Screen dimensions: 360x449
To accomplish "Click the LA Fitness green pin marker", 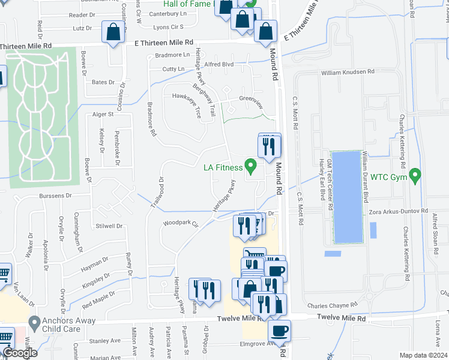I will (x=252, y=164).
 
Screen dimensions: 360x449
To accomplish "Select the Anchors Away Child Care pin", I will (x=34, y=323).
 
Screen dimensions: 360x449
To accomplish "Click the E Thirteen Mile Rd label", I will (x=163, y=43).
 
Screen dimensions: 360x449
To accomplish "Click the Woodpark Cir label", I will (x=180, y=224).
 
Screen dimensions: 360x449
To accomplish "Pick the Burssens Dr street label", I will (x=56, y=196).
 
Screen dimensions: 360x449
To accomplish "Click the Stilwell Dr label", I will (x=107, y=227).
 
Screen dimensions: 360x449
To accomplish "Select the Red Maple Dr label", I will (x=98, y=297).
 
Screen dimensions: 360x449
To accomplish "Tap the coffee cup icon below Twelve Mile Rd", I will (x=279, y=330).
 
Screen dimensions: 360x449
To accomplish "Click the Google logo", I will (x=20, y=353).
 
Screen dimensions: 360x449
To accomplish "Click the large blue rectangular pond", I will (x=346, y=197).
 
